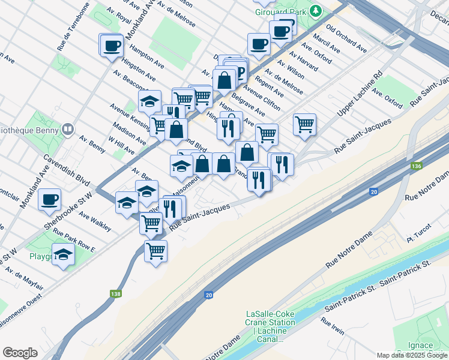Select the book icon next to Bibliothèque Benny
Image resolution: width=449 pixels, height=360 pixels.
point(67,129)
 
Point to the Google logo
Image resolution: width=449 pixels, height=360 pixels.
point(20,353)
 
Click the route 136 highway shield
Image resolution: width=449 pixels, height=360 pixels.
point(416,166)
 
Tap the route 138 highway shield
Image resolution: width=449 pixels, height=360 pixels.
point(116,294)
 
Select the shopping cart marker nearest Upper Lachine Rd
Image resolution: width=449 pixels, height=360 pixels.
point(305,124)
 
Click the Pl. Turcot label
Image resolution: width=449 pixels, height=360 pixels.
point(419,239)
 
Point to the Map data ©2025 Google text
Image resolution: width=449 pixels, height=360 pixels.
point(412,355)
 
